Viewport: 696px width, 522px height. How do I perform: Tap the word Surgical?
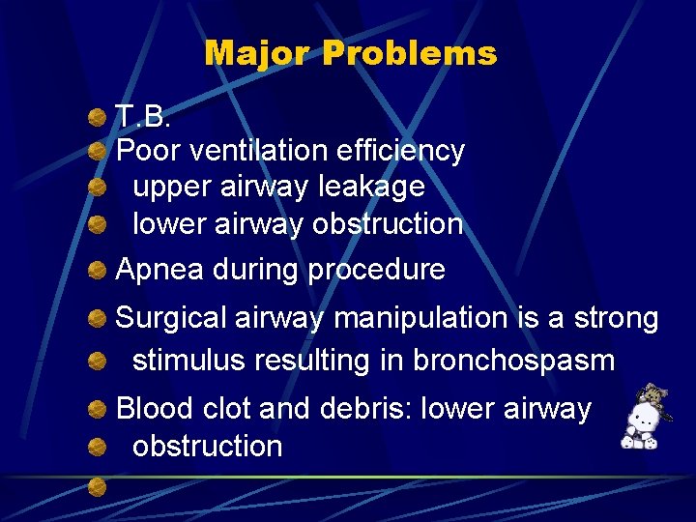tap(172, 318)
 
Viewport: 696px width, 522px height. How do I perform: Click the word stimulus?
tap(188, 361)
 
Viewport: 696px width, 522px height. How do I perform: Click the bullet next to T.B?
tap(98, 117)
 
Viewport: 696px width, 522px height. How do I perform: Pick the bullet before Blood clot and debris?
tap(98, 410)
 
